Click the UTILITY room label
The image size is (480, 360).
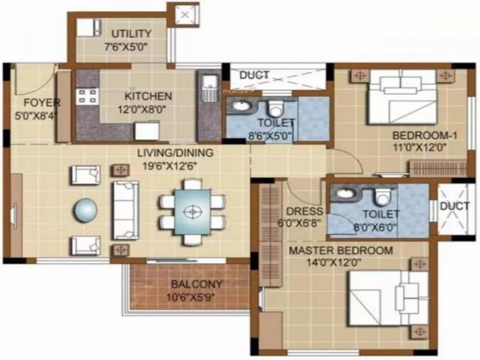132,34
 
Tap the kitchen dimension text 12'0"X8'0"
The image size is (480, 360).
144,110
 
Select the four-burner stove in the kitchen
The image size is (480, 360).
87,96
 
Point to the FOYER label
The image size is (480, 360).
42,102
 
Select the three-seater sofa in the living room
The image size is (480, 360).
126,210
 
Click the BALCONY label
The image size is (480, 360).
196,284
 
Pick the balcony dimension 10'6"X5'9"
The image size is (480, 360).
190,297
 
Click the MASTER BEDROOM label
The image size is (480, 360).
341,250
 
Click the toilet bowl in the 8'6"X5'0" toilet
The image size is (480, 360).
276,108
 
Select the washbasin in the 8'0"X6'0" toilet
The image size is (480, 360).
346,193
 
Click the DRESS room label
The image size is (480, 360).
305,211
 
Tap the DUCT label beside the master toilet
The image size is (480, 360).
455,206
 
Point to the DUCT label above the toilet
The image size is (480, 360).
254,76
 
